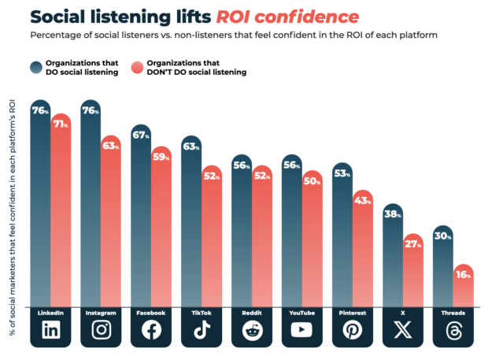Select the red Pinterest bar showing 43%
click(363, 252)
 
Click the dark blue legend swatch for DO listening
click(37, 69)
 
